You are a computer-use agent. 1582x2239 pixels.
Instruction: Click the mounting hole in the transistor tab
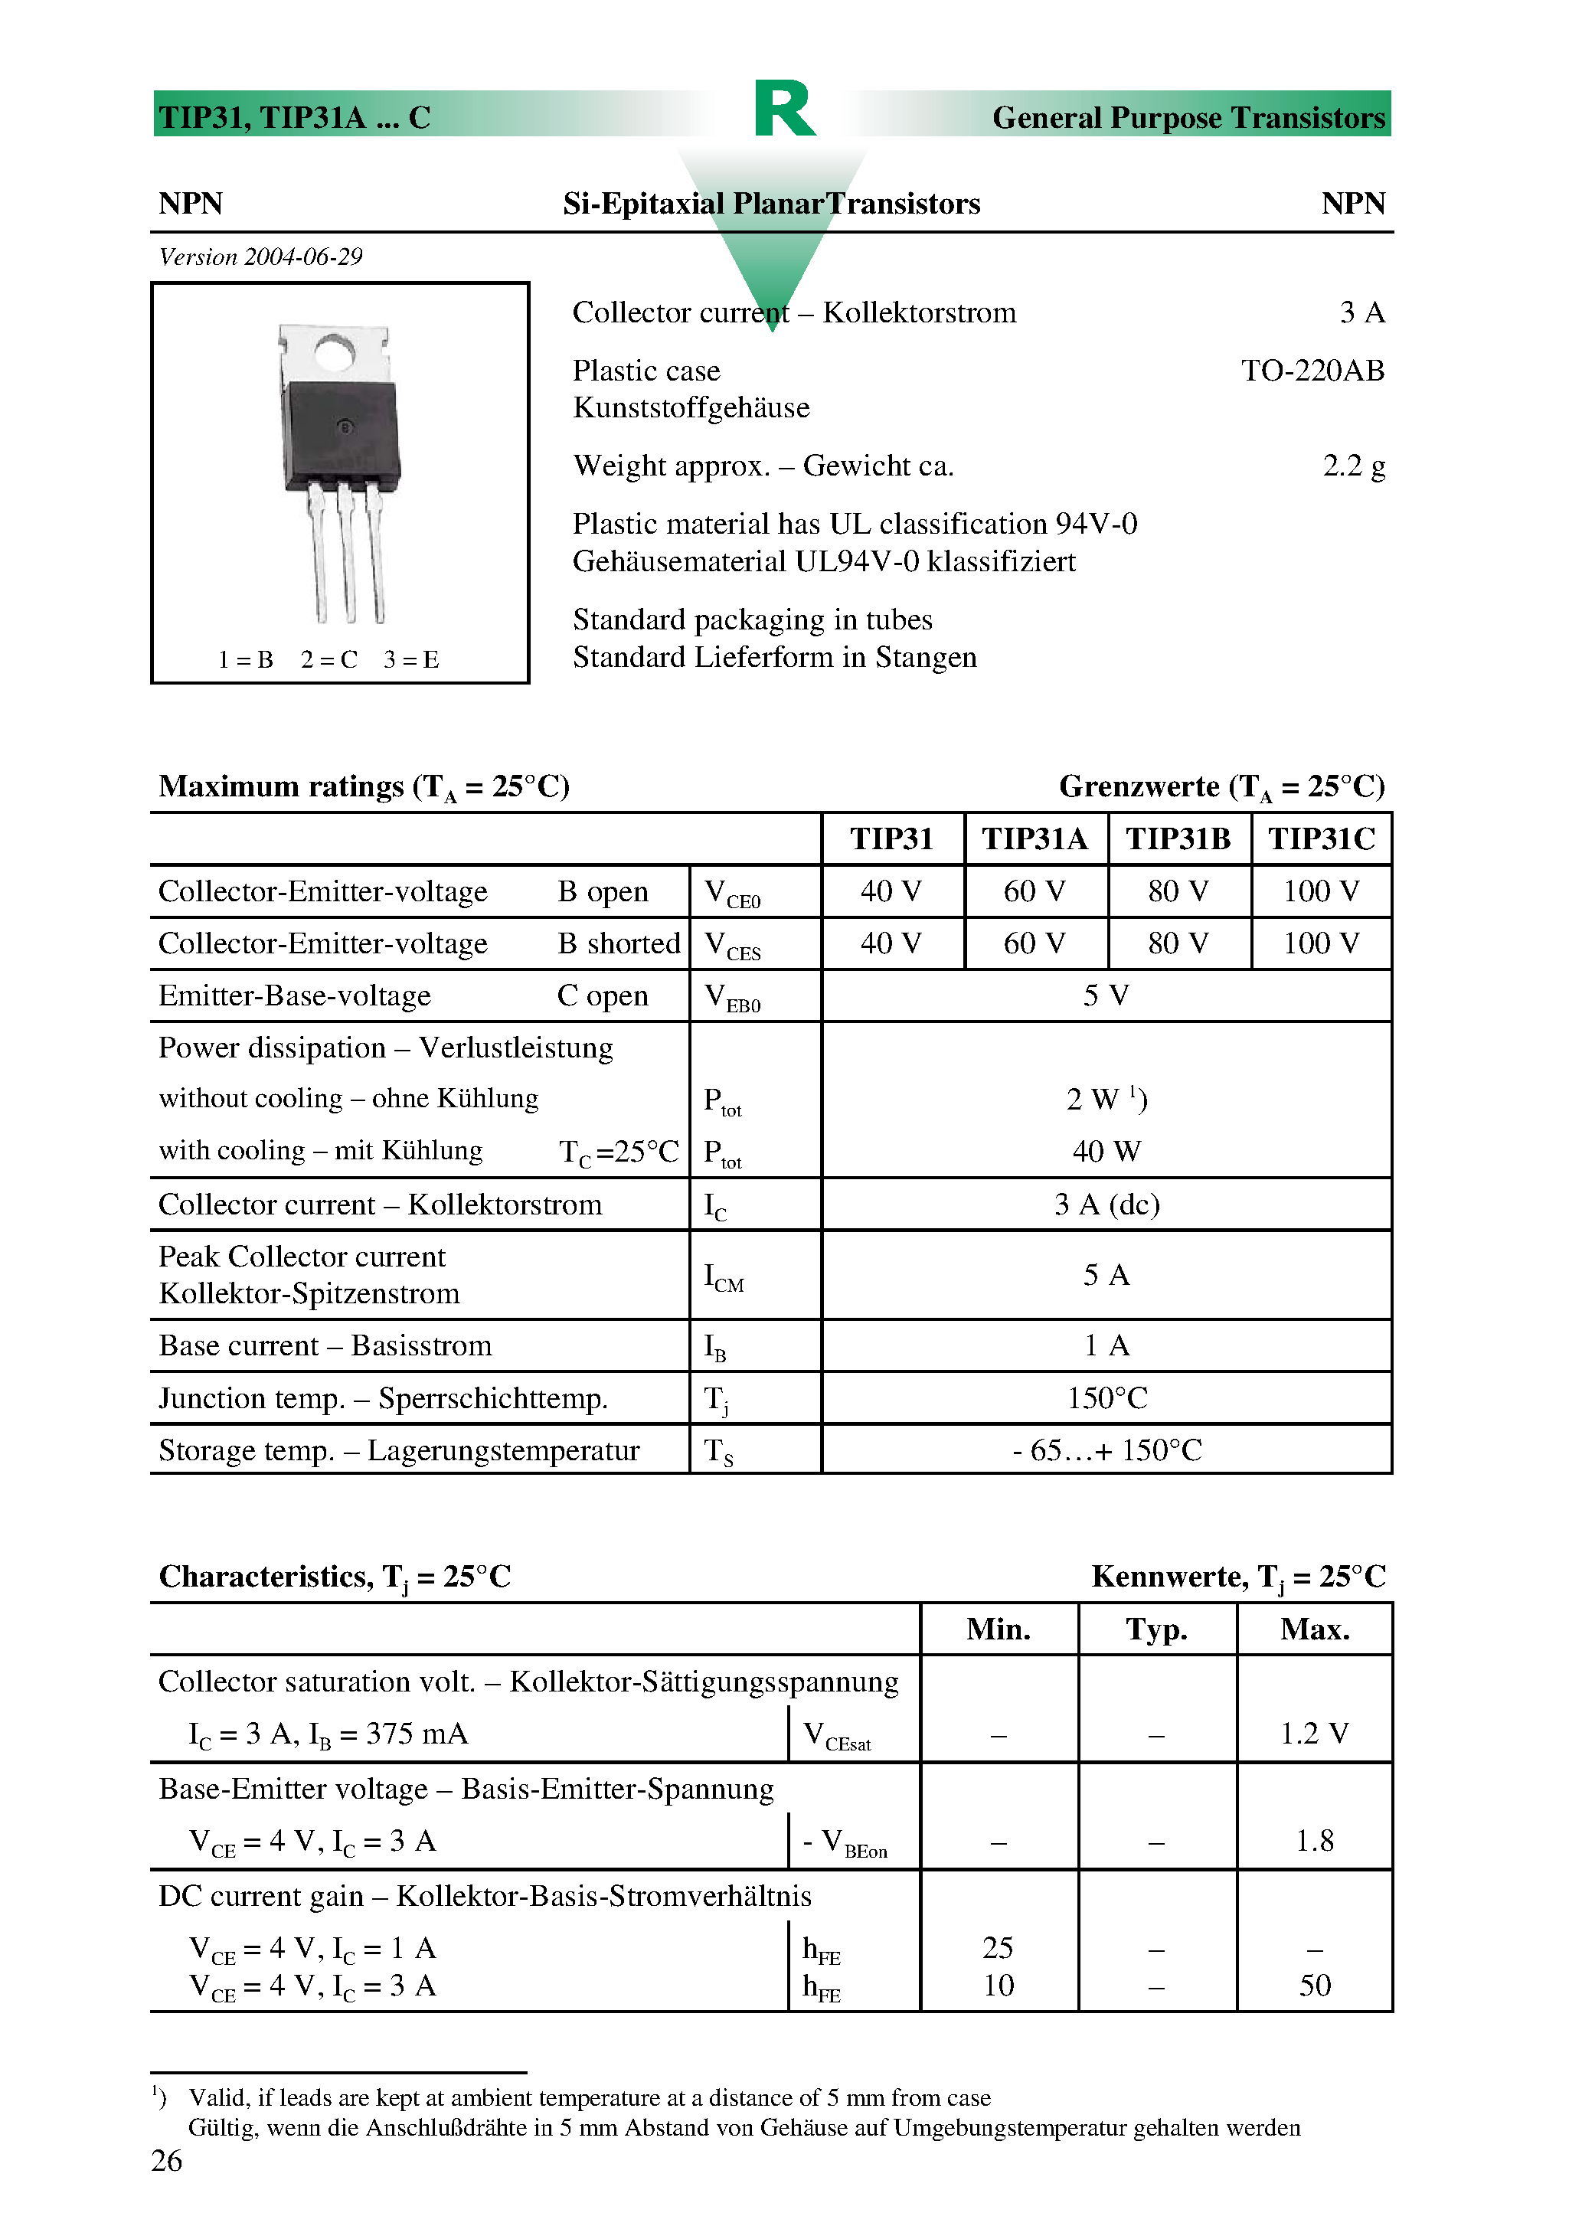pyautogui.click(x=335, y=352)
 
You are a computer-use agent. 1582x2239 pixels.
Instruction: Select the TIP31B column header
pyautogui.click(x=1178, y=838)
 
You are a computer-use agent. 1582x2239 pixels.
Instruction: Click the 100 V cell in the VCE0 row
pyautogui.click(x=1321, y=891)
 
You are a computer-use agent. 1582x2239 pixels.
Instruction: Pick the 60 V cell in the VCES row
pyautogui.click(x=1034, y=943)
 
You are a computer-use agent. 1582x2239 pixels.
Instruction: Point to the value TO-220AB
pyautogui.click(x=1312, y=371)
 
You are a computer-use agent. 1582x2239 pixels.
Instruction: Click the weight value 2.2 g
pyautogui.click(x=1353, y=466)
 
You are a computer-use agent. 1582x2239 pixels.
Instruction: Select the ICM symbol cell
pyautogui.click(x=724, y=1276)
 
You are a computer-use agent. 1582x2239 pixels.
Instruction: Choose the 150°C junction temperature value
pyautogui.click(x=1106, y=1398)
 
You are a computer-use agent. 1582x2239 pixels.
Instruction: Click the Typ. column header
pyautogui.click(x=1157, y=1629)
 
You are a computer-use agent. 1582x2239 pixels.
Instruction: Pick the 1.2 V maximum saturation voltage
pyautogui.click(x=1314, y=1734)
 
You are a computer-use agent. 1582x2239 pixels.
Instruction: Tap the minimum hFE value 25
pyautogui.click(x=998, y=1947)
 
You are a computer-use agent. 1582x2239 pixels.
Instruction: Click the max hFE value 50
pyautogui.click(x=1314, y=1986)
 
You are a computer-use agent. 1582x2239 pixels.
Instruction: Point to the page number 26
pyautogui.click(x=167, y=2160)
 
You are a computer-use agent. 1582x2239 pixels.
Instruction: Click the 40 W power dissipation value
pyautogui.click(x=1106, y=1152)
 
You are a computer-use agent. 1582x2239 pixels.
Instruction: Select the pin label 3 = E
pyautogui.click(x=410, y=660)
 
